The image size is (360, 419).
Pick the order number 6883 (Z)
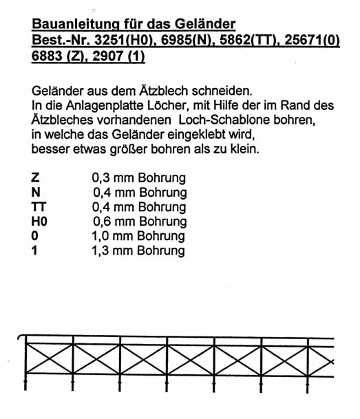(x=61, y=58)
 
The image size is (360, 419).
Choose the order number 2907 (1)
(x=124, y=58)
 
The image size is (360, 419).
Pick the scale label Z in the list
(x=35, y=178)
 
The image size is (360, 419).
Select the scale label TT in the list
(x=38, y=207)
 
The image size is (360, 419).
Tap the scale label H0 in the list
(x=39, y=222)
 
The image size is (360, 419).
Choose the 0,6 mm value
(x=116, y=222)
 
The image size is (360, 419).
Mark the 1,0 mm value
(x=114, y=236)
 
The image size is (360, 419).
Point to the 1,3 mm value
(x=114, y=250)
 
